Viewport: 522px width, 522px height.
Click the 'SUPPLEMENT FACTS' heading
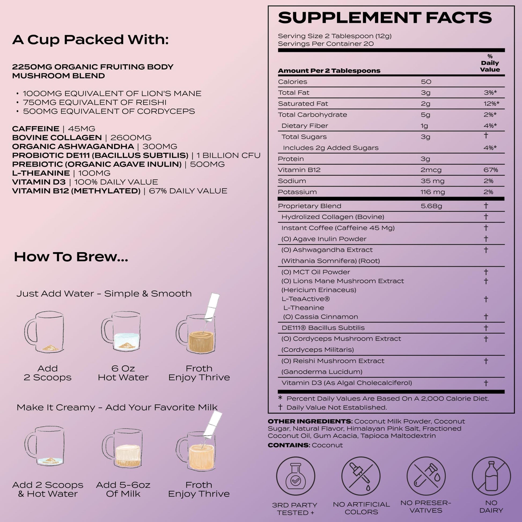385,18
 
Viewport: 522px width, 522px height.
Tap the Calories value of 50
426,82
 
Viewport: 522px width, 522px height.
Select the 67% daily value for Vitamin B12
491,170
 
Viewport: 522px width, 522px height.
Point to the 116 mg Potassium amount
433,192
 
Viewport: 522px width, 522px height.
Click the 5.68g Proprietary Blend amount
431,206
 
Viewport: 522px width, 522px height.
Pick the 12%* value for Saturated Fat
491,104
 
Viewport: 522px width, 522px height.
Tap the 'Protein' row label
291,159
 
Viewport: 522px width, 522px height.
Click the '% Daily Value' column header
490,63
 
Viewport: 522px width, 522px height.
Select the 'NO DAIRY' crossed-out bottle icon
491,476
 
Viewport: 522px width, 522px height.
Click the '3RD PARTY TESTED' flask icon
296,476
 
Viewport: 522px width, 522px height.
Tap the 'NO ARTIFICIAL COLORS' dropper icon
361,476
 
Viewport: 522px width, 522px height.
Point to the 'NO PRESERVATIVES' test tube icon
426,476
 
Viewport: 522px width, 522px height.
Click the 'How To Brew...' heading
71,257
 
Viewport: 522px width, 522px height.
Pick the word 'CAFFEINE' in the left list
36,129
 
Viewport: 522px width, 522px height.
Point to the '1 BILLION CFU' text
228,155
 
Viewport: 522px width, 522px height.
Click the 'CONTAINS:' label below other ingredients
288,445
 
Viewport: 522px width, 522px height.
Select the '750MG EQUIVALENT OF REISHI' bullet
95,102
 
